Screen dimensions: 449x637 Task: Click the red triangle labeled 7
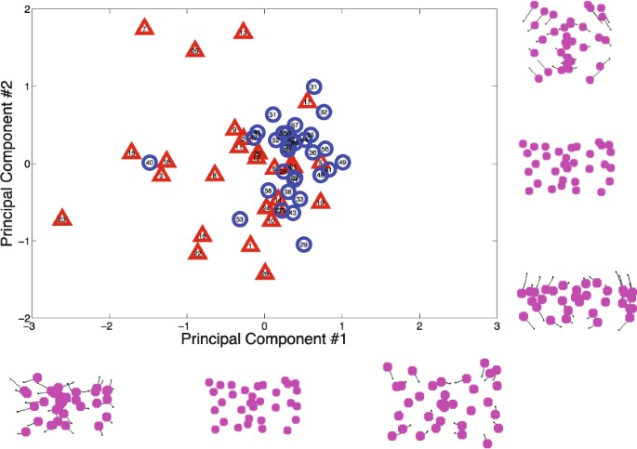tap(144, 28)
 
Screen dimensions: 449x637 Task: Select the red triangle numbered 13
tap(243, 33)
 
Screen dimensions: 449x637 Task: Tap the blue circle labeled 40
tap(150, 163)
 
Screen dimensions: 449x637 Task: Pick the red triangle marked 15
tap(131, 153)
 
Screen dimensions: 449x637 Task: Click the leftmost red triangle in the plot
tap(61, 218)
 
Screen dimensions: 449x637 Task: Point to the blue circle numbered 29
tap(303, 244)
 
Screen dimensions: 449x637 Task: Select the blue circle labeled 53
tap(240, 219)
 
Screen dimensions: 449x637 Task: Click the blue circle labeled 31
tap(313, 86)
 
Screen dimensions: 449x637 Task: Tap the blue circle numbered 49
tap(342, 163)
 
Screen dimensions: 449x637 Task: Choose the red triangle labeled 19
tap(320, 201)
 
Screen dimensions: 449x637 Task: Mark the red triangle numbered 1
tap(250, 245)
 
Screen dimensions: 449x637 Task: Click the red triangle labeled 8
tap(215, 174)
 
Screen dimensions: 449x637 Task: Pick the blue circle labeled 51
tap(272, 113)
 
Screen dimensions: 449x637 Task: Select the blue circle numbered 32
tap(324, 112)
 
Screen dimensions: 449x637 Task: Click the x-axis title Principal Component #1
tap(264, 340)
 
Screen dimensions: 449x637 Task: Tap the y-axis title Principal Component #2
tap(9, 164)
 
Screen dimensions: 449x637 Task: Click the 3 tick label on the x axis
tap(498, 326)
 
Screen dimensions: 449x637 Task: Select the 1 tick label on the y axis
tap(23, 86)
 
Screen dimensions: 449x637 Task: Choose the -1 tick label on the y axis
tap(20, 241)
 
